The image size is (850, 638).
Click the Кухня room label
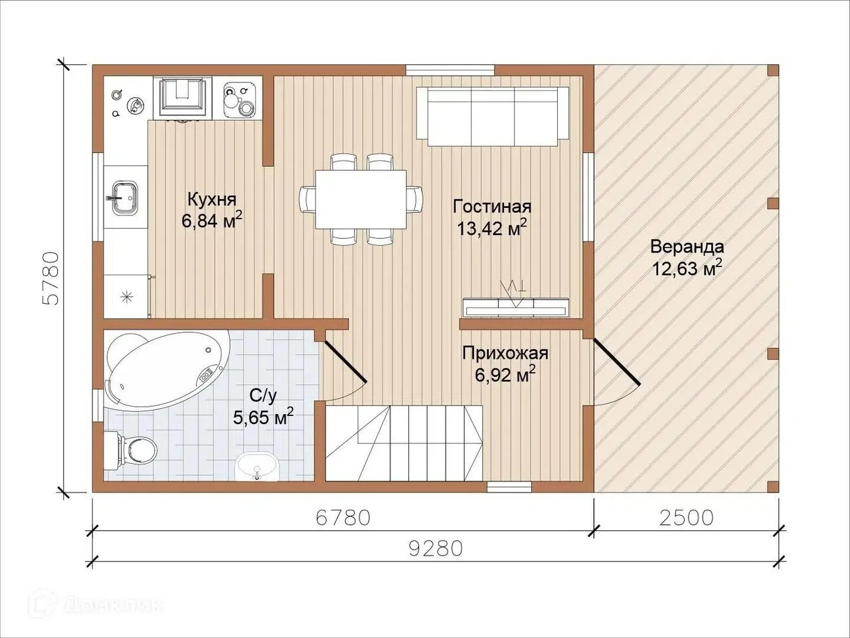click(212, 200)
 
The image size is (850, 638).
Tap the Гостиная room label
click(492, 207)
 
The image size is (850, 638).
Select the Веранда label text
click(687, 247)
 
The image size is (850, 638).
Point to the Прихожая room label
click(505, 354)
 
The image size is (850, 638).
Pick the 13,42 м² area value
click(492, 228)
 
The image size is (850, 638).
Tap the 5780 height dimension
click(52, 278)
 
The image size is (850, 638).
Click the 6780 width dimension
click(343, 518)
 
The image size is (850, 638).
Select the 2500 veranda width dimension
click(686, 518)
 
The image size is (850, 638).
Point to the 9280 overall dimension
click(436, 548)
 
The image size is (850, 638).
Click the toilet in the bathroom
click(131, 449)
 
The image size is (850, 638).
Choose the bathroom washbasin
click(257, 467)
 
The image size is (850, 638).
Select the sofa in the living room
click(493, 116)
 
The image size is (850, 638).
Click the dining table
click(361, 199)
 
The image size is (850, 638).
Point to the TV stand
click(516, 307)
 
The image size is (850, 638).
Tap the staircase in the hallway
click(404, 443)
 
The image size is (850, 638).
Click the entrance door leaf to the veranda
click(616, 362)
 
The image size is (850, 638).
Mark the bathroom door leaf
click(345, 362)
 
